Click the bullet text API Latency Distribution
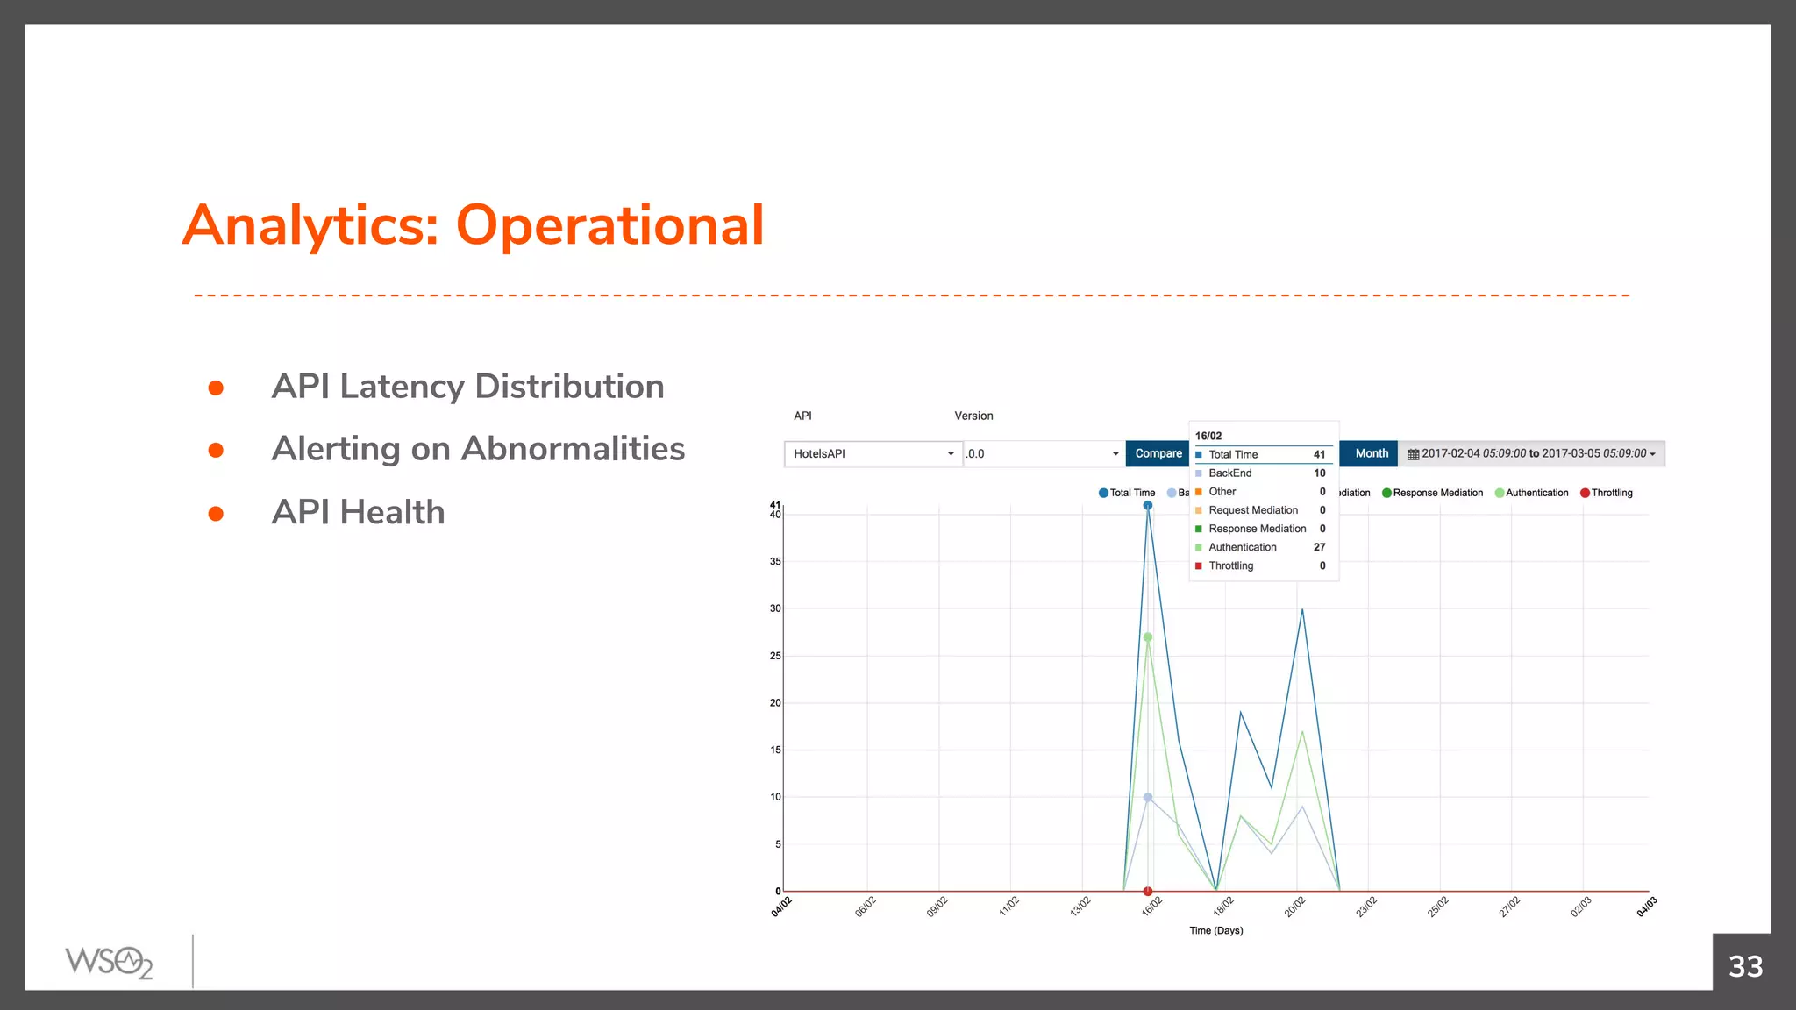[467, 387]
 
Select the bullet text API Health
[358, 512]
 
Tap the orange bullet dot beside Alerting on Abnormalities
[216, 451]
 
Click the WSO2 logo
[109, 962]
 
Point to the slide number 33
[1745, 966]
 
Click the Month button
[1372, 453]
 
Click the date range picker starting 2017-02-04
[1531, 453]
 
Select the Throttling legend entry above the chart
[1607, 493]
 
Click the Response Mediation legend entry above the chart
[1433, 493]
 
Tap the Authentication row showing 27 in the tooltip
[1260, 547]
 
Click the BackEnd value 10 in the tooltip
[1319, 473]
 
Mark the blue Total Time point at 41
[1147, 506]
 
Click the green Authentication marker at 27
[1147, 637]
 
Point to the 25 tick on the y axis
[775, 656]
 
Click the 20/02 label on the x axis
[1294, 907]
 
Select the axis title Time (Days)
[1215, 930]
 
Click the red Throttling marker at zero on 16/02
[1147, 892]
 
